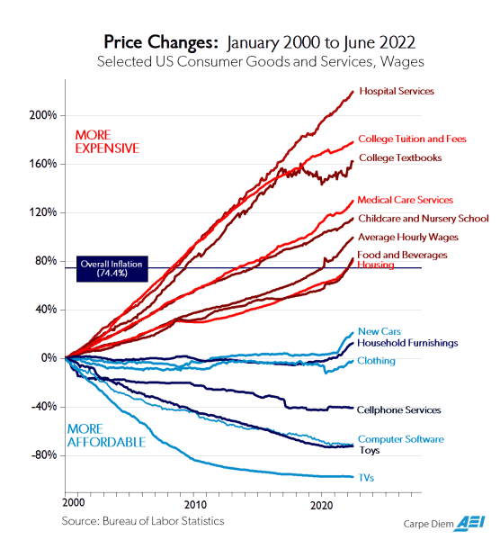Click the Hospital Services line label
[x=397, y=91]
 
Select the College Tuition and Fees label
[x=413, y=139]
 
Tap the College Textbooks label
[x=400, y=158]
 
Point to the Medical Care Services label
[x=405, y=200]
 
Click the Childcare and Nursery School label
[x=423, y=219]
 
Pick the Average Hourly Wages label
[x=407, y=238]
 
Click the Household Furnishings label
[x=407, y=343]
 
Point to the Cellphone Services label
[x=399, y=410]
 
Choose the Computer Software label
[x=400, y=439]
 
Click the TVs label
[x=366, y=478]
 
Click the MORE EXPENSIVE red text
[x=106, y=141]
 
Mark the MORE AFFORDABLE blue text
[x=106, y=436]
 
